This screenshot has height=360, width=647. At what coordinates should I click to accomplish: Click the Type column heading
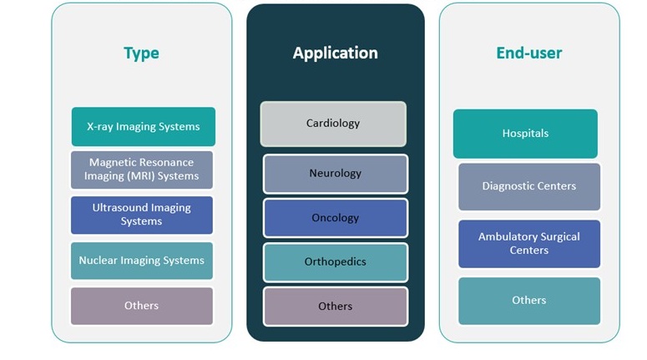coord(141,53)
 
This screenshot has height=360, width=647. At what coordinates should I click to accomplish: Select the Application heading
coord(335,53)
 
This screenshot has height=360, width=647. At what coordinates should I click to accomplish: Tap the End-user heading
coord(528,53)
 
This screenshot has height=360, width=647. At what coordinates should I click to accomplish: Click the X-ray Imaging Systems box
coord(143,127)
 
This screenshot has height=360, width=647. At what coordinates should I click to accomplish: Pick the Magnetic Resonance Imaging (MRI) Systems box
coord(142,170)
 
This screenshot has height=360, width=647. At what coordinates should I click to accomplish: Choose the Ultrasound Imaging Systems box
coord(142,215)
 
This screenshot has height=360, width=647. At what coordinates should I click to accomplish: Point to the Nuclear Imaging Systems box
coord(142,261)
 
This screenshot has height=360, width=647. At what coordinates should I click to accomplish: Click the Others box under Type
coord(142,306)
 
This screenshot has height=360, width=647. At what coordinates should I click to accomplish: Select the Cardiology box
coord(333,124)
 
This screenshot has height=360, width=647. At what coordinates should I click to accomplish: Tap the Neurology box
coord(335,174)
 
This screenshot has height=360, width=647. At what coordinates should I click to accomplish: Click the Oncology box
coord(335,218)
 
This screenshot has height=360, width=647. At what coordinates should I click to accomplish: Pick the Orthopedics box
coord(335,262)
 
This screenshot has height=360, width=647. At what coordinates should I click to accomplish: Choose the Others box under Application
coord(335,307)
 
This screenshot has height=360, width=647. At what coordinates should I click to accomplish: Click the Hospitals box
coord(525,134)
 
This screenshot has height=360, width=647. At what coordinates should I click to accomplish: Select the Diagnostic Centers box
coord(528,186)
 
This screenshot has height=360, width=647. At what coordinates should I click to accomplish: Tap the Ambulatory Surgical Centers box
coord(528,243)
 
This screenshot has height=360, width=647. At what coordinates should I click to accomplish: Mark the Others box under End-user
coord(528,301)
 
